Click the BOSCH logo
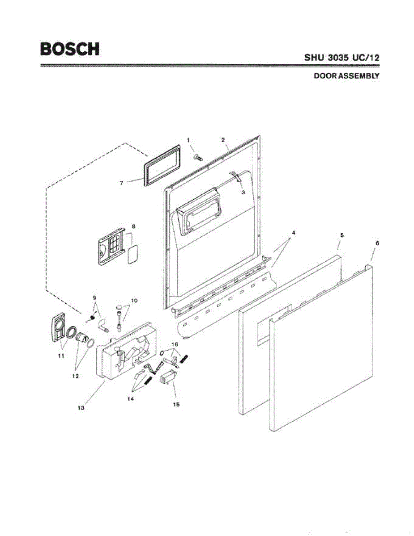point(70,49)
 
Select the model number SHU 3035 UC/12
point(342,58)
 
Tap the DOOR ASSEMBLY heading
point(346,76)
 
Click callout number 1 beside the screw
point(189,140)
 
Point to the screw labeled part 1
point(198,157)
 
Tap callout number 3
point(243,192)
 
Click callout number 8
point(133,226)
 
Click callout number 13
point(81,407)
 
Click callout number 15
point(177,404)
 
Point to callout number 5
point(341,235)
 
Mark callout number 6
point(377,243)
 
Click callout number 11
point(62,356)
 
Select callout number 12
point(75,376)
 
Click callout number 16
point(175,344)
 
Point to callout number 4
point(294,233)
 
